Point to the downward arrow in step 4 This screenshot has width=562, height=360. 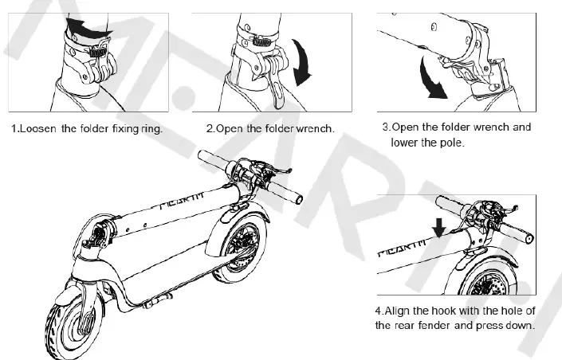tap(438, 229)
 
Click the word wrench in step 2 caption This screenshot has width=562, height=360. tap(315, 128)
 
